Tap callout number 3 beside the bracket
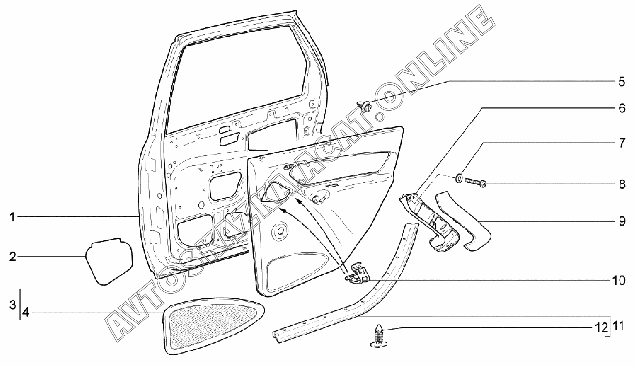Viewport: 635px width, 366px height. click(13, 306)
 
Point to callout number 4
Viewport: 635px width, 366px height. click(26, 313)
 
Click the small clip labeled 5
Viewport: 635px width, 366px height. click(366, 105)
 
